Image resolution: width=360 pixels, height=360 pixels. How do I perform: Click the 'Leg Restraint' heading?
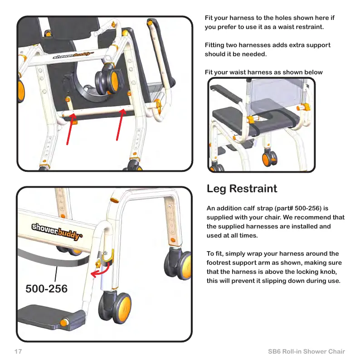[x=242, y=188]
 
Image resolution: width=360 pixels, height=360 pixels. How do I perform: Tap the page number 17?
[x=18, y=352]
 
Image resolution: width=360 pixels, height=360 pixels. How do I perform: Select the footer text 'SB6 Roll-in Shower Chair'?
[x=306, y=352]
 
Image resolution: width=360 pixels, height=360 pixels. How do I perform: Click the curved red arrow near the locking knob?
[x=101, y=272]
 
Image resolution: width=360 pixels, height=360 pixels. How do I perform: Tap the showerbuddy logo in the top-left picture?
[x=74, y=55]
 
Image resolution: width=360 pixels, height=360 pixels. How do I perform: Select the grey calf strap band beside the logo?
[x=50, y=258]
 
